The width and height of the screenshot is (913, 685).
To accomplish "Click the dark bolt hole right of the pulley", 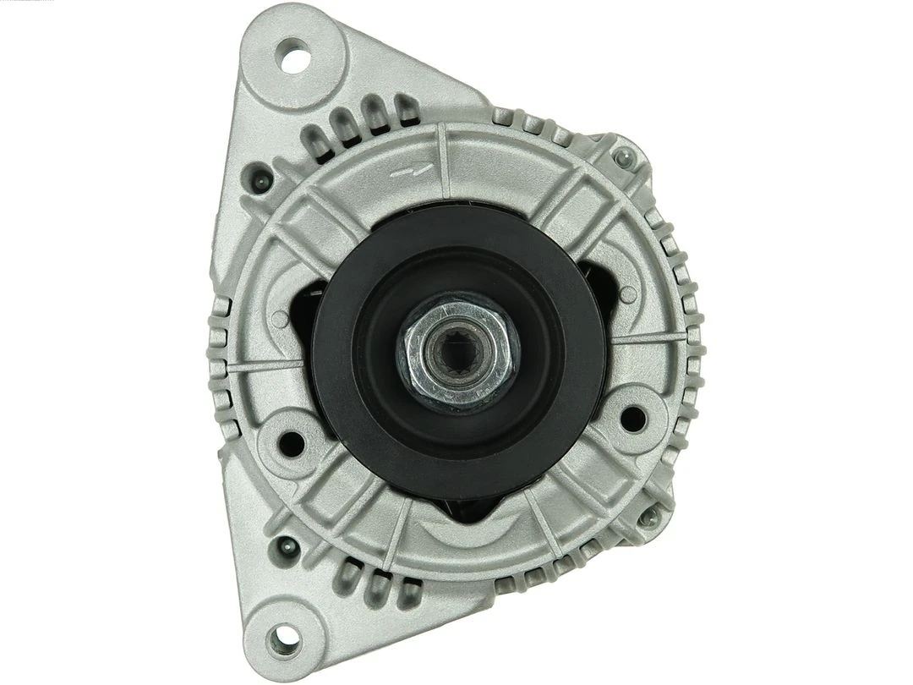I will point(631,417).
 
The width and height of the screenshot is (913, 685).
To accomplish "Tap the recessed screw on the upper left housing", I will point(259,178).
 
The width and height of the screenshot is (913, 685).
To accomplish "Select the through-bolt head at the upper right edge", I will point(624,156).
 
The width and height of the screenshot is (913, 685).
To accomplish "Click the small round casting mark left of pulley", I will point(279,319).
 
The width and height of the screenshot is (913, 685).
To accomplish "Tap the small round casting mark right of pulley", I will point(627,294).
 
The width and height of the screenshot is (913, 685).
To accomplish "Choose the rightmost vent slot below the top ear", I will point(408,107).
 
